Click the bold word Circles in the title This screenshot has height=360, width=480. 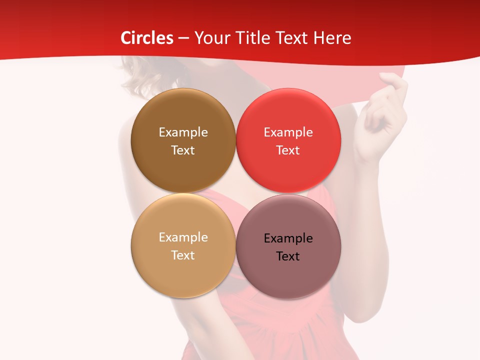click(x=147, y=38)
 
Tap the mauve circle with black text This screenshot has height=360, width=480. click(x=288, y=275)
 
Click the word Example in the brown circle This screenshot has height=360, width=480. click(x=183, y=132)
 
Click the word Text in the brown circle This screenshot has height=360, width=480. click(x=183, y=150)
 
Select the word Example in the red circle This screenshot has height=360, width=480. click(x=288, y=132)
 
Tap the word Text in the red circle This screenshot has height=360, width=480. click(x=288, y=150)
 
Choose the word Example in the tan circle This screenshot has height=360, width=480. click(x=183, y=237)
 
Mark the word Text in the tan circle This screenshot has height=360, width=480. click(x=183, y=255)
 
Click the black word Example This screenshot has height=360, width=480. click(x=288, y=238)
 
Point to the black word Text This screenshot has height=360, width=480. click(x=288, y=256)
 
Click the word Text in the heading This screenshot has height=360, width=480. click(x=295, y=38)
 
